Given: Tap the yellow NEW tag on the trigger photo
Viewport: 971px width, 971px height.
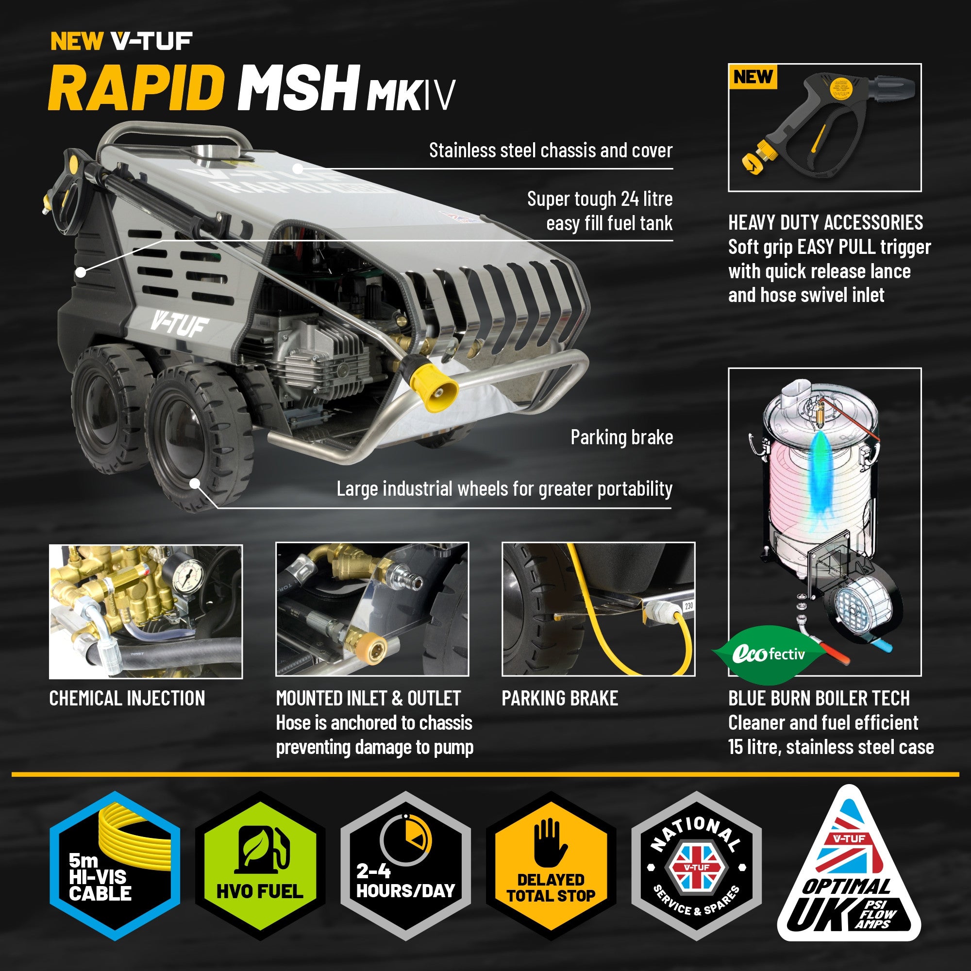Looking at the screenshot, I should coord(752,77).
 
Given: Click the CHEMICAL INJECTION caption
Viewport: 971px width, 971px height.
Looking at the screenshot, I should coord(127,698).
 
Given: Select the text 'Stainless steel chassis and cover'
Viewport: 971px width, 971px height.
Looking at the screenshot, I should coord(551,151).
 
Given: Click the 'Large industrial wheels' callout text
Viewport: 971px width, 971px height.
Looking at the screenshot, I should coord(504,488).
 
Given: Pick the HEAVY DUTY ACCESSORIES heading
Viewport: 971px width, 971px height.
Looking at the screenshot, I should coord(825,222).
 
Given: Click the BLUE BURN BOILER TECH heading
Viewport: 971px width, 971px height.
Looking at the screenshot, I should coord(819,698).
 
